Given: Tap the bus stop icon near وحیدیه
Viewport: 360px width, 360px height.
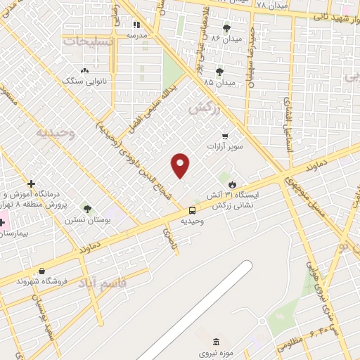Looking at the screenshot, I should pyautogui.click(x=192, y=210).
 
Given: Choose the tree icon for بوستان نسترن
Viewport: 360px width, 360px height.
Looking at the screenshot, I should pyautogui.click(x=86, y=209).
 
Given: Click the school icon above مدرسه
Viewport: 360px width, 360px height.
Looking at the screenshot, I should pyautogui.click(x=136, y=25).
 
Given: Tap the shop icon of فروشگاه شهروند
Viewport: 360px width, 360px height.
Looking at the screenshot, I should pyautogui.click(x=41, y=271).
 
